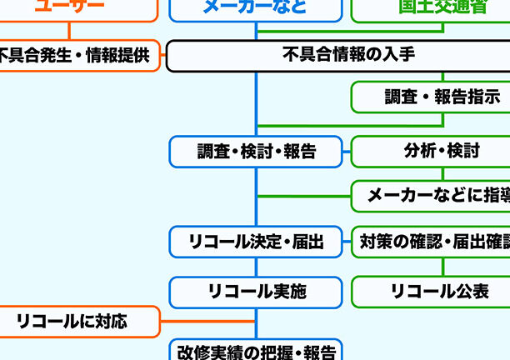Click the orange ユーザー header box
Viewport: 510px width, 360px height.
75,8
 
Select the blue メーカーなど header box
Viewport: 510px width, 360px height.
255,8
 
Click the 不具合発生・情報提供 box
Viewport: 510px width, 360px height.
75,56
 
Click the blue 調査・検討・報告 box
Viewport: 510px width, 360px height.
256,152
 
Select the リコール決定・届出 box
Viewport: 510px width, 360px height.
256,242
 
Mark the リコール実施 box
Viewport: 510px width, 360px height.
256,292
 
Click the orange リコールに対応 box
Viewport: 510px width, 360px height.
75,321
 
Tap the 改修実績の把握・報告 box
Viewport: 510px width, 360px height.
256,351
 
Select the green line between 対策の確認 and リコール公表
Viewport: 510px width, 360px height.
442,267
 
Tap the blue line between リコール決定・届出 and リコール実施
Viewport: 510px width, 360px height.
256,267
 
